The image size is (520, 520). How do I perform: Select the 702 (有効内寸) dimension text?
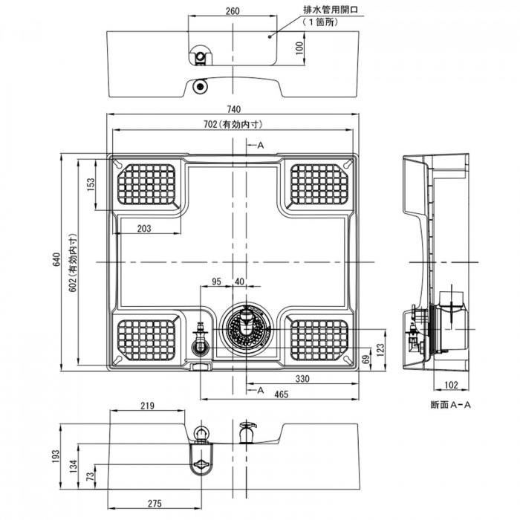coord(235,124)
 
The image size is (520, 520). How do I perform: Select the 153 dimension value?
coord(91,184)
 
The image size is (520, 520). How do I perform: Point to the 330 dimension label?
coord(304,379)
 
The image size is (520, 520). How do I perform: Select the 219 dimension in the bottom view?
coord(146,406)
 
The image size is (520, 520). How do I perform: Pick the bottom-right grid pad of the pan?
coord(318,340)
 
